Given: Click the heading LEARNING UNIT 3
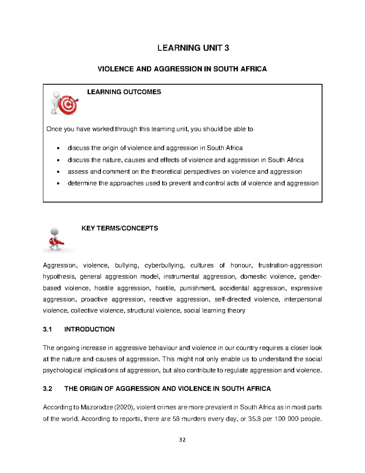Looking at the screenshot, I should coord(193,48).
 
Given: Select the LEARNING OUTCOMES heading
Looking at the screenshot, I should coord(124,92).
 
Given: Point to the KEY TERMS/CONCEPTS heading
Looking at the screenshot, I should coord(120,228).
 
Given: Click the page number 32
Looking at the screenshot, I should coord(182,440).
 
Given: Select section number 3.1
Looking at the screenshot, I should coord(47,329).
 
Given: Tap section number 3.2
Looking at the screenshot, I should coord(47,389).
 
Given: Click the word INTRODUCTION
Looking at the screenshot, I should coord(89,329).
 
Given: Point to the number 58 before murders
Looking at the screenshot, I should coord(176,419).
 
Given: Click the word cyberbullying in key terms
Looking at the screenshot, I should coord(164,266).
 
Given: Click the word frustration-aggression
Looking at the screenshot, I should coord(290,266).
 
